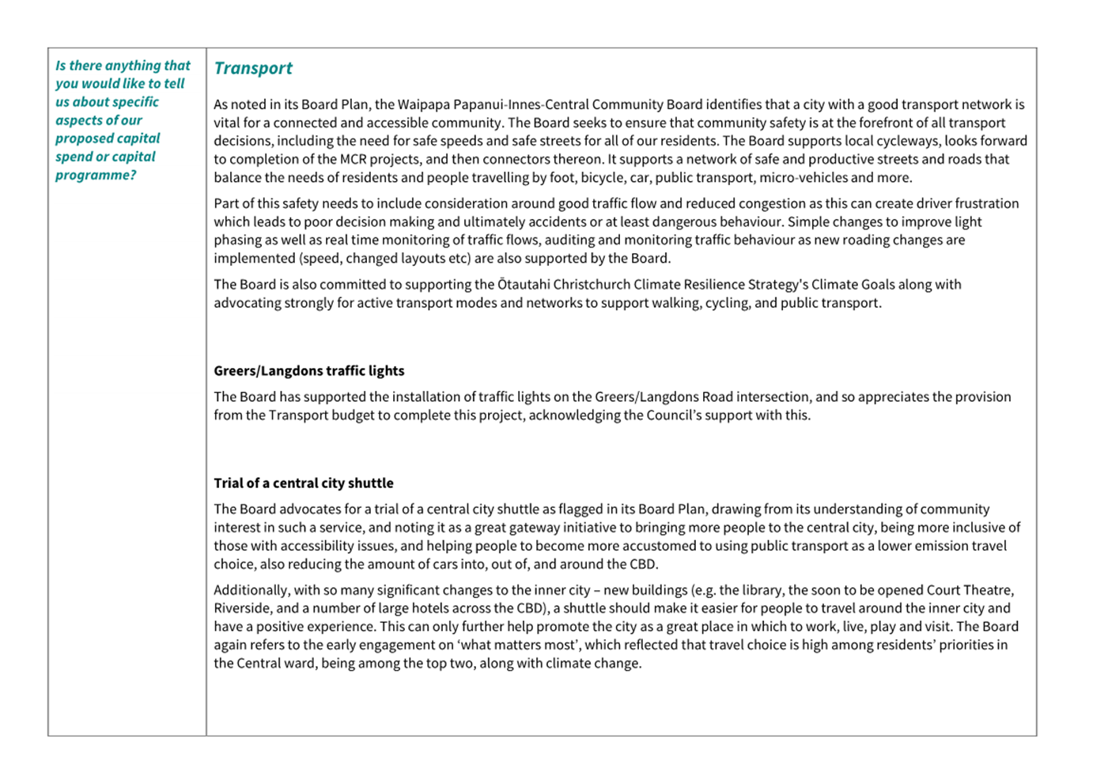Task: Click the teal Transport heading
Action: point(253,69)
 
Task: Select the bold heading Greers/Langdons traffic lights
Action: point(308,371)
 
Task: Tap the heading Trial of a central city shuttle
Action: point(303,483)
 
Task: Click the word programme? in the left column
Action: point(96,175)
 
